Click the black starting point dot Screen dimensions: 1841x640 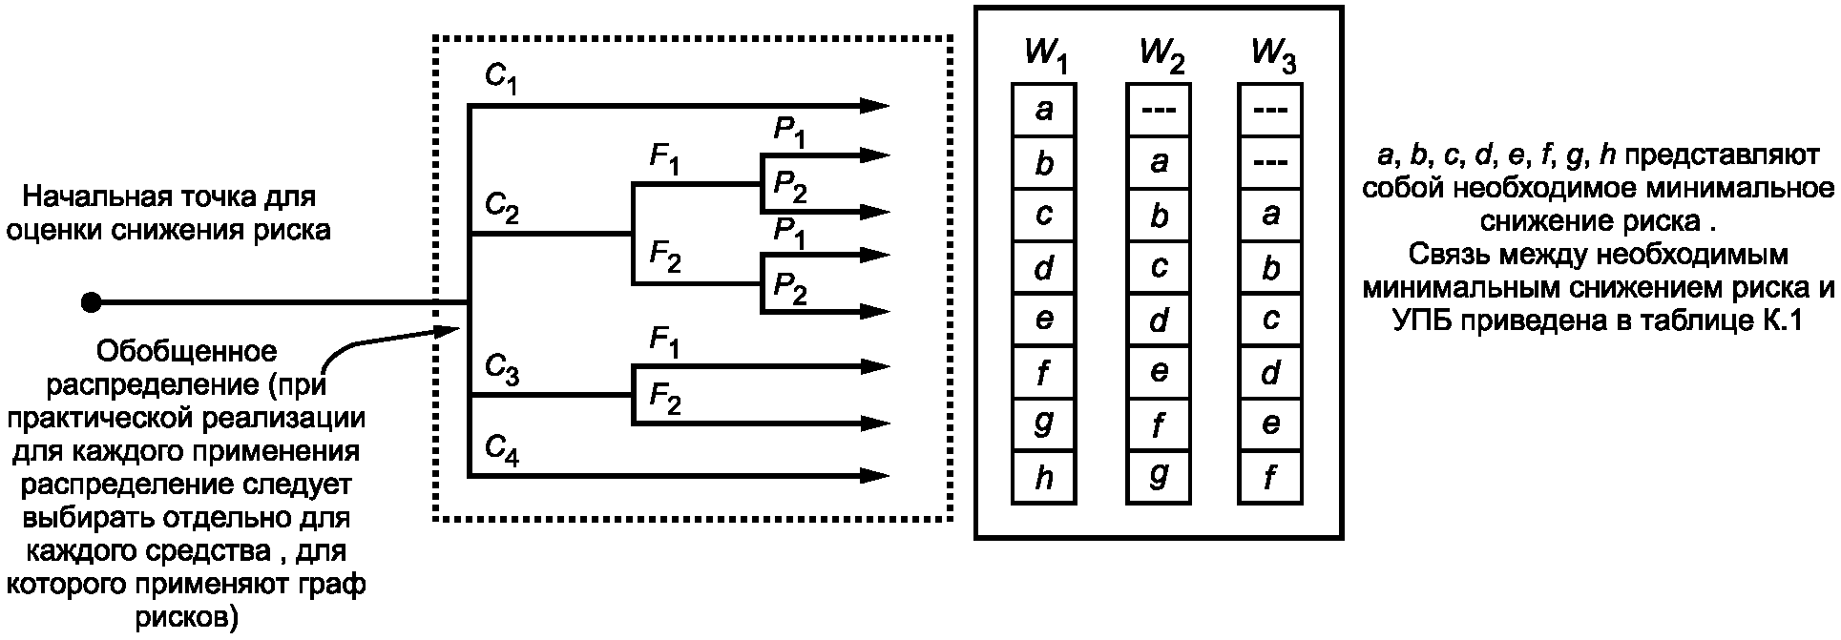point(92,303)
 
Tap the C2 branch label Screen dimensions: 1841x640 point(501,207)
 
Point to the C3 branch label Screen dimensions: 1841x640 point(501,368)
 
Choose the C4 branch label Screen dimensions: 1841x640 point(501,448)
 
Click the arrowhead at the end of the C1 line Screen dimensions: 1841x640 point(874,106)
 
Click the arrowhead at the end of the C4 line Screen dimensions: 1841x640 point(874,474)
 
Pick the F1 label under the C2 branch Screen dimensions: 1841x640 point(665,158)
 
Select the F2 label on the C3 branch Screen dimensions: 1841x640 point(665,397)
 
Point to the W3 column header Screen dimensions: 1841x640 point(1273,57)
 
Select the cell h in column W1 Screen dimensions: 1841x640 point(1044,476)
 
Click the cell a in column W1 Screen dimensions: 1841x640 point(1044,110)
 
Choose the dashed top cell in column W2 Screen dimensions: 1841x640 point(1159,110)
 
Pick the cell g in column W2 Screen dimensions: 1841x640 point(1159,476)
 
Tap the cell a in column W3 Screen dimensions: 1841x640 point(1270,214)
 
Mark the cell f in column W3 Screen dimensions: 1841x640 point(1270,476)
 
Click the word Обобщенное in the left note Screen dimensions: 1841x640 point(187,353)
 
